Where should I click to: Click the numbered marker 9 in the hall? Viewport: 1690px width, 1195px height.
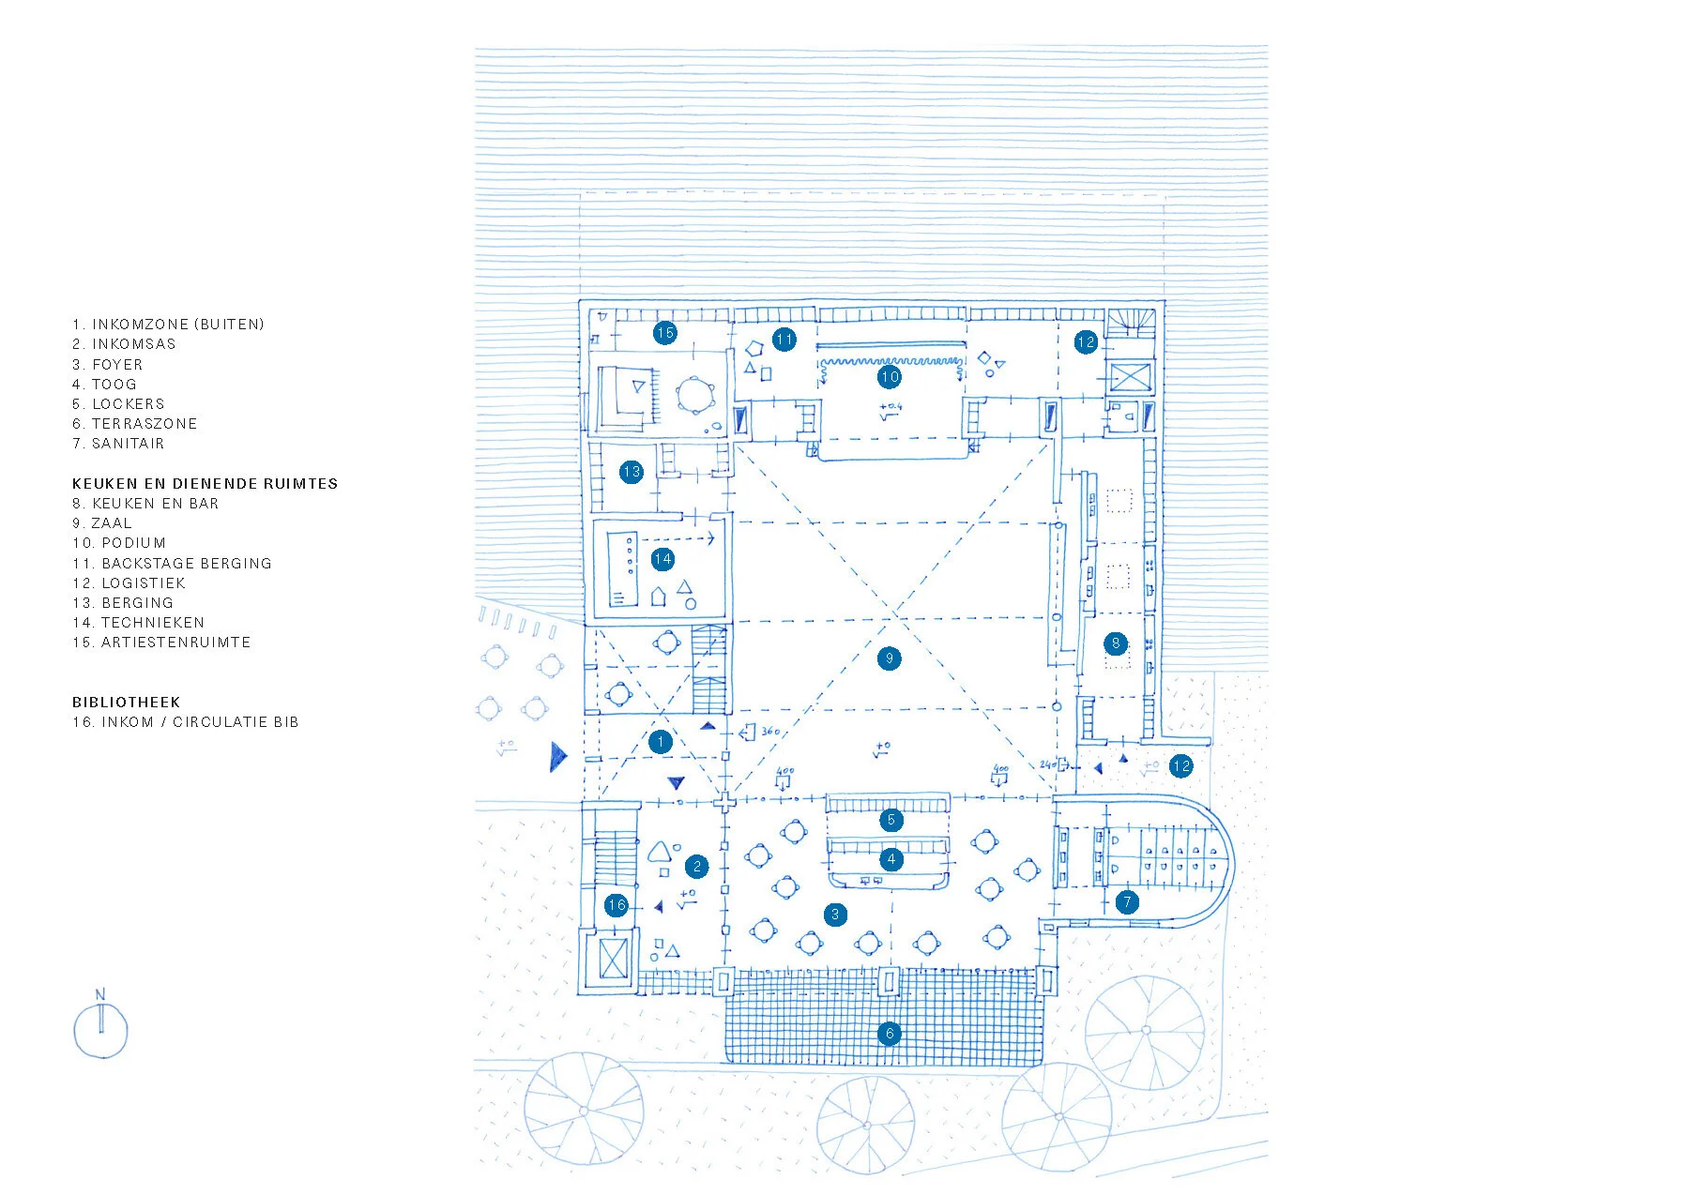coord(890,658)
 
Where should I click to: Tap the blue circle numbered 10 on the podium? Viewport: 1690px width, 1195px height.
coord(890,377)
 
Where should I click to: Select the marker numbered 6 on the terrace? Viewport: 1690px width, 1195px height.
coord(890,1034)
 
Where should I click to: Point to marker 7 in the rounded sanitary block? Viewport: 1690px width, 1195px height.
coord(1127,902)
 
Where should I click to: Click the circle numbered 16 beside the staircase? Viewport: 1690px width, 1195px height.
coord(616,905)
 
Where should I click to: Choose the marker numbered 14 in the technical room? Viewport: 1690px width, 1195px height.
coord(662,559)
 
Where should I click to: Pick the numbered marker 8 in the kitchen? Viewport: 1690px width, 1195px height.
coord(1116,643)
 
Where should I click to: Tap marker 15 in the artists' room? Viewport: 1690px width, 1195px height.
coord(665,332)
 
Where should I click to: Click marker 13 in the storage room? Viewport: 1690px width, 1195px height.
coord(631,472)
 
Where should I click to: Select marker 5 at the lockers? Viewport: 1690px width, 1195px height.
coord(891,820)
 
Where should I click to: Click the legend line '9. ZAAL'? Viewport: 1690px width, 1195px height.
coord(102,523)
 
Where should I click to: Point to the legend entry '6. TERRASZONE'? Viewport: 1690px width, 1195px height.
coord(135,424)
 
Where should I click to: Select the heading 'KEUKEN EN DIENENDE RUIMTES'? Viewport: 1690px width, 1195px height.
coord(205,484)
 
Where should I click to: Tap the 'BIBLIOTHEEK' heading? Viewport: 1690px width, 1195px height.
coord(126,703)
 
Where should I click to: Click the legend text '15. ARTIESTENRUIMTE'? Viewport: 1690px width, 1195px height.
coord(161,643)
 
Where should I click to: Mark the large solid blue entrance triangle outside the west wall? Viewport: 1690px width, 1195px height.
coord(557,756)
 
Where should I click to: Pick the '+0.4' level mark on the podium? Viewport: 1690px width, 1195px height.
coord(890,408)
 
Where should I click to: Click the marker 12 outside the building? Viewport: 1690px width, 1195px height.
coord(1181,766)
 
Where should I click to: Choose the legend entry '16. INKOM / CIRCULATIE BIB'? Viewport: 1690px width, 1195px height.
coord(185,722)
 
